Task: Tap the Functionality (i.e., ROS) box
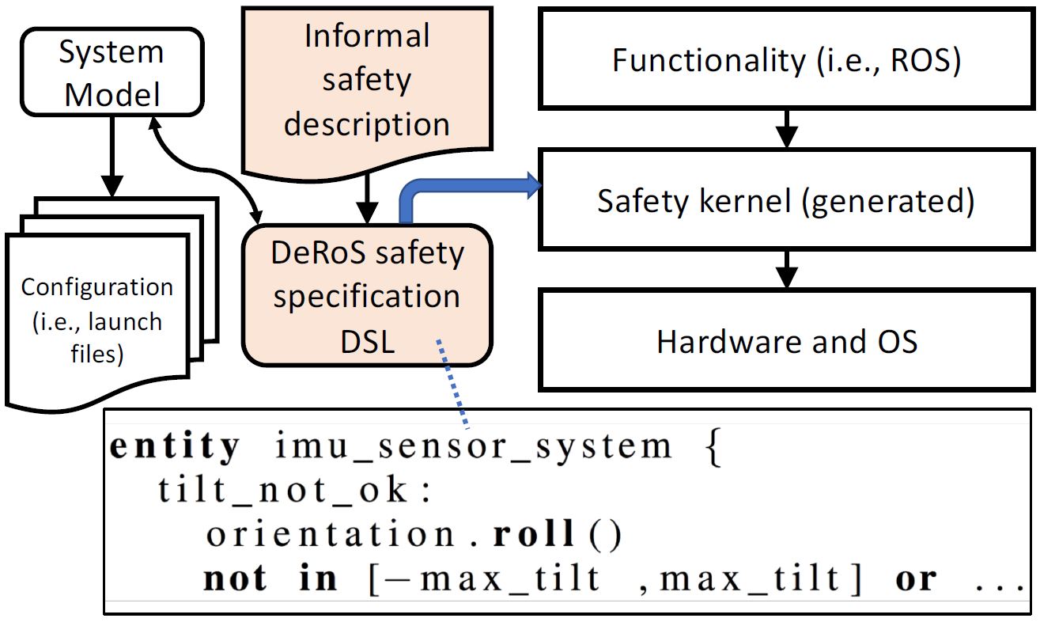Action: [x=786, y=60]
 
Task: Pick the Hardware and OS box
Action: [x=786, y=341]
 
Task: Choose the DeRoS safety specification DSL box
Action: [x=366, y=296]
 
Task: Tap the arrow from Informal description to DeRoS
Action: [x=366, y=201]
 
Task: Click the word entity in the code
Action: [x=174, y=447]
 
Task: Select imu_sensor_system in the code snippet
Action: [x=473, y=447]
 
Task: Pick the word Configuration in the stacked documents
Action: [x=97, y=286]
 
